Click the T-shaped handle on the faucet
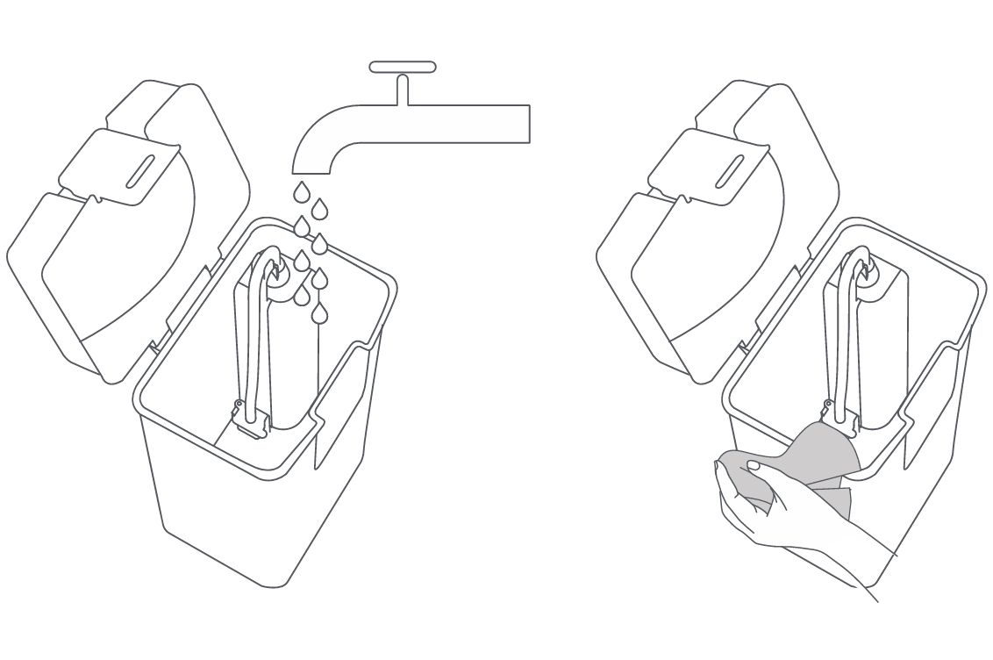click(x=403, y=68)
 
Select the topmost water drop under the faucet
click(x=301, y=190)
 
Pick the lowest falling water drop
click(x=320, y=312)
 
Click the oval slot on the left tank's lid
click(x=140, y=171)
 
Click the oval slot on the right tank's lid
click(x=730, y=171)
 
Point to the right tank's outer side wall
click(x=939, y=456)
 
